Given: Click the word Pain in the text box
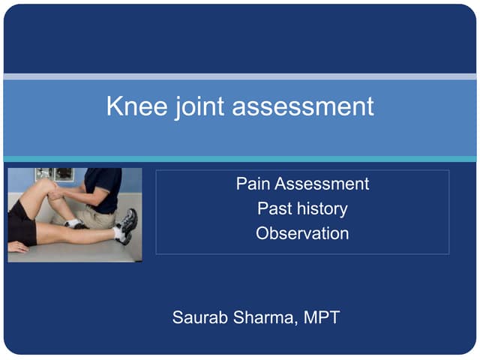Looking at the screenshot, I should tap(253, 184).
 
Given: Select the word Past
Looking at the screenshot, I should tap(274, 208).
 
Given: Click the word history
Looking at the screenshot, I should tap(322, 208).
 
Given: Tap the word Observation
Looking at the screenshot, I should tap(302, 233).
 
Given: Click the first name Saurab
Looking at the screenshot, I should tap(199, 317).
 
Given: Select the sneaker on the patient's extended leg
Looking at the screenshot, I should tap(127, 225).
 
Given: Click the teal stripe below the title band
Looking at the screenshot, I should tap(240, 159).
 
